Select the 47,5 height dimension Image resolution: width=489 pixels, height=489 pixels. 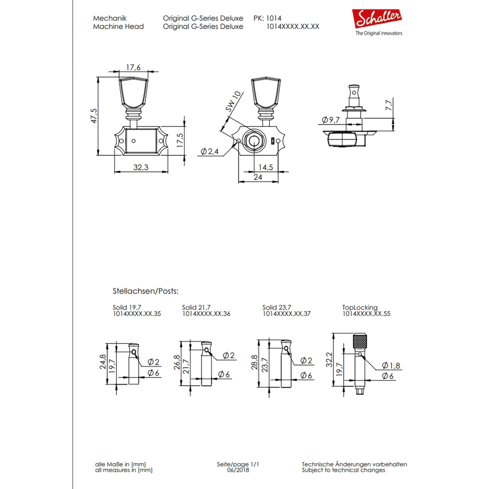coord(94,116)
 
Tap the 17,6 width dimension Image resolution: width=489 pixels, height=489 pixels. coord(134,67)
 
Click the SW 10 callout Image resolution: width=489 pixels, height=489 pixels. coord(234,102)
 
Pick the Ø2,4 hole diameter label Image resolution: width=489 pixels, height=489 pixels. coord(209,152)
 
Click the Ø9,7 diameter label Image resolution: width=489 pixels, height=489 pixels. coord(331,120)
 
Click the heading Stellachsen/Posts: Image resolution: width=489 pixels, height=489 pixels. coord(145,291)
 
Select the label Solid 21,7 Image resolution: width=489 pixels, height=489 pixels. coord(196,307)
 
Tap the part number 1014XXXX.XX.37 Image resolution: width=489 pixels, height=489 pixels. coord(286,313)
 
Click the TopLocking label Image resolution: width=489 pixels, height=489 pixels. coord(360,307)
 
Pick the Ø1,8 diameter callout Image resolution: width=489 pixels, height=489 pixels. coord(391,365)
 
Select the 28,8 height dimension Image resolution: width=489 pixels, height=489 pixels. coord(254,362)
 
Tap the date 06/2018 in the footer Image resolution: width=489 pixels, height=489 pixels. coord(238,470)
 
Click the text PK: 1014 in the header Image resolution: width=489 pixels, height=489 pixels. coord(267,19)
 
